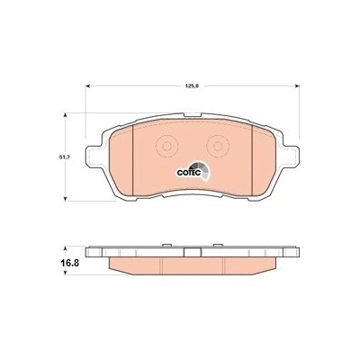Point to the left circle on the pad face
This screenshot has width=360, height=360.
coord(167,146)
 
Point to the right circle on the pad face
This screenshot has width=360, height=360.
coord(218,146)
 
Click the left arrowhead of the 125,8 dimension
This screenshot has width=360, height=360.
coord(88,86)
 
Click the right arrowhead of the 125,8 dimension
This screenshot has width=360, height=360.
coord(297,86)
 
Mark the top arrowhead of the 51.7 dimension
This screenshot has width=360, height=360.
coord(65,115)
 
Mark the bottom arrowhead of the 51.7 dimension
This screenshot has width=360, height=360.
coord(65,199)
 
